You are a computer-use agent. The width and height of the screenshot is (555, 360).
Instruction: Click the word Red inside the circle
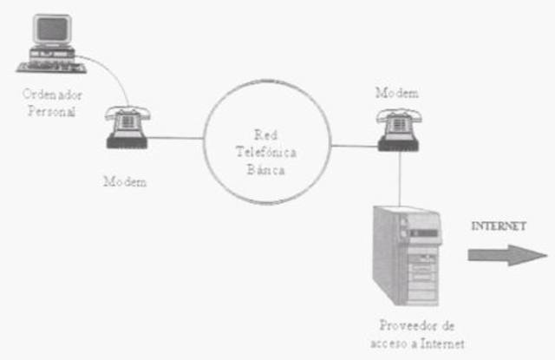265,134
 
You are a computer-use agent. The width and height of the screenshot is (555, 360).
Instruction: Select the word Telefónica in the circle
265,150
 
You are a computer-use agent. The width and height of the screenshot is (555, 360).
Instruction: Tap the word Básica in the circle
265,167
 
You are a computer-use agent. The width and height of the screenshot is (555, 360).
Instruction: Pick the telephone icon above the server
398,128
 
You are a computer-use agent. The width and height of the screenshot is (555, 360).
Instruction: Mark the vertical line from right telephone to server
399,178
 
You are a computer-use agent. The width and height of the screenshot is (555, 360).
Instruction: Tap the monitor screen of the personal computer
48,29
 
